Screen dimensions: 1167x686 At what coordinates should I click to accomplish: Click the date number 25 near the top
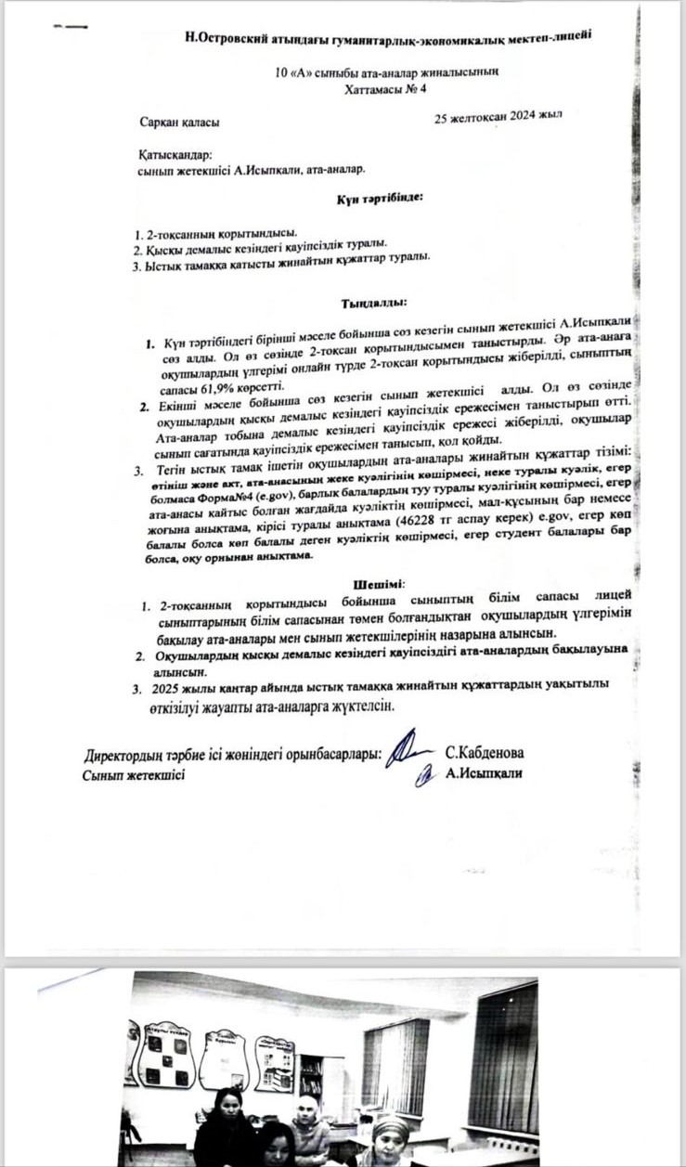click(x=442, y=119)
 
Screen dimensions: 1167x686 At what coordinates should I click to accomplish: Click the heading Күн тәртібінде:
click(x=379, y=198)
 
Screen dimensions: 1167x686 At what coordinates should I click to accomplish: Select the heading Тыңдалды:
click(x=373, y=302)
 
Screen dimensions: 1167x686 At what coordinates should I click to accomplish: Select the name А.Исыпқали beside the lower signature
click(x=485, y=772)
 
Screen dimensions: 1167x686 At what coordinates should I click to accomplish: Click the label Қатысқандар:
click(x=175, y=155)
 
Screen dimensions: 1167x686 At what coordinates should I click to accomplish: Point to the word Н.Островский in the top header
click(x=229, y=37)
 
